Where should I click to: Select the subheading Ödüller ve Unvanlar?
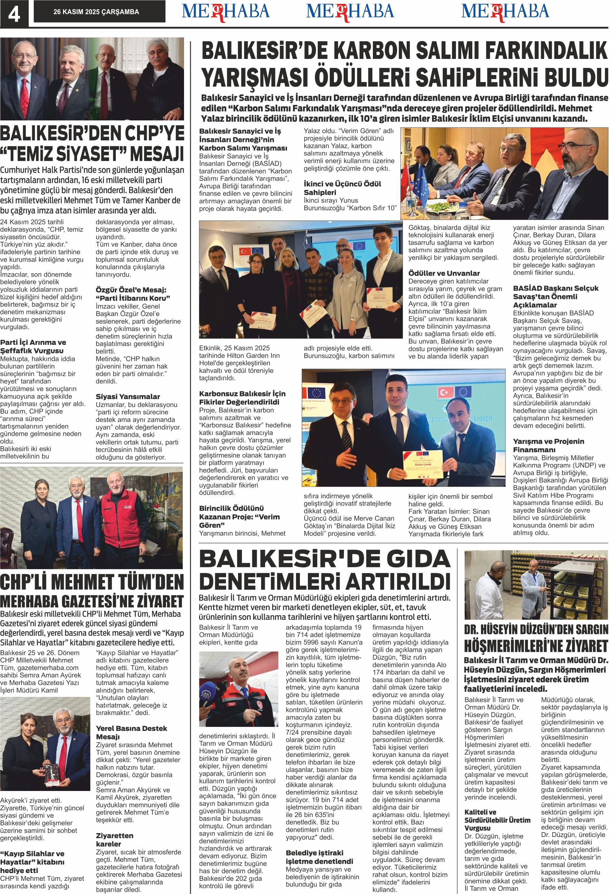(x=444, y=273)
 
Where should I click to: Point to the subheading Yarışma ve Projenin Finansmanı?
(x=549, y=446)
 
